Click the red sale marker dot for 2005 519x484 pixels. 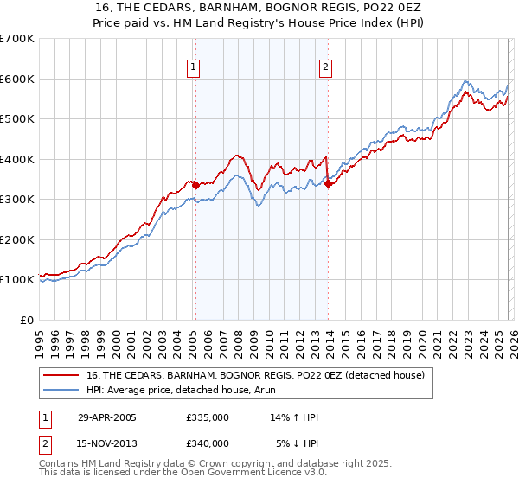click(x=195, y=184)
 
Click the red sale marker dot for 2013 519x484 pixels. click(x=329, y=182)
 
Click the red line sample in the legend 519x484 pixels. click(x=61, y=375)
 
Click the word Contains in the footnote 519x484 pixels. click(x=61, y=464)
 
